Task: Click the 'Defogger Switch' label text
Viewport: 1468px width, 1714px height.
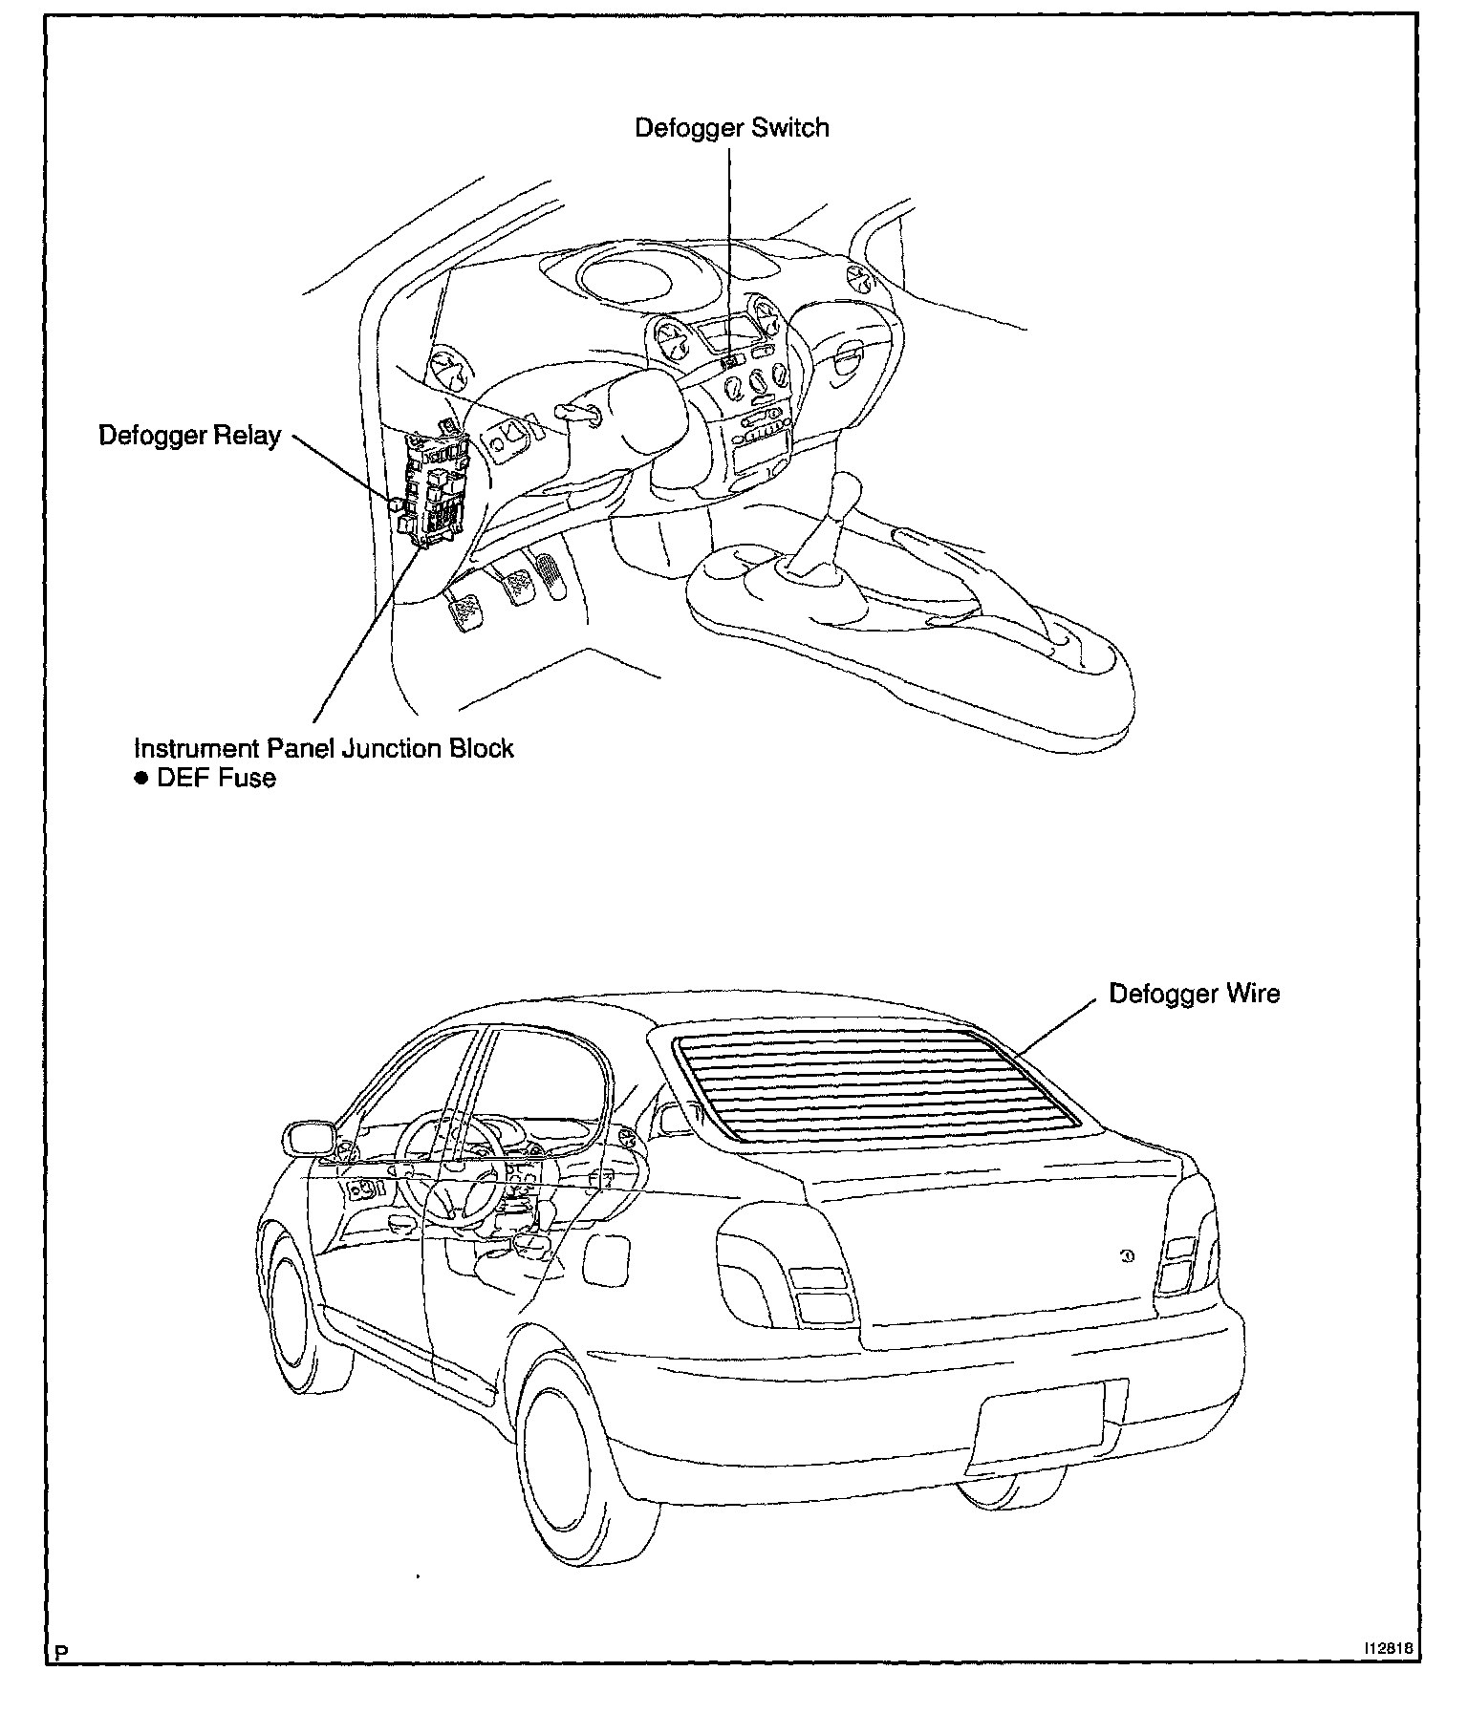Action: click(x=732, y=128)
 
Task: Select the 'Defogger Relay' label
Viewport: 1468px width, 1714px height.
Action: click(x=189, y=436)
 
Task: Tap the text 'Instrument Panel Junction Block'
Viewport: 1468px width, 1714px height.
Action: click(x=323, y=747)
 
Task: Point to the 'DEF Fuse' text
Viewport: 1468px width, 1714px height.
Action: click(x=216, y=778)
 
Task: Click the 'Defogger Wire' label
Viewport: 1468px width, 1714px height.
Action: click(x=1194, y=994)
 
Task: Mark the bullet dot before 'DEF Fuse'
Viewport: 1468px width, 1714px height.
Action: click(x=140, y=778)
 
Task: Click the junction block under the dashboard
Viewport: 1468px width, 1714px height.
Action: click(x=435, y=489)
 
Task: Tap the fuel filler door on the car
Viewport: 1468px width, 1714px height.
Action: click(x=606, y=1257)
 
